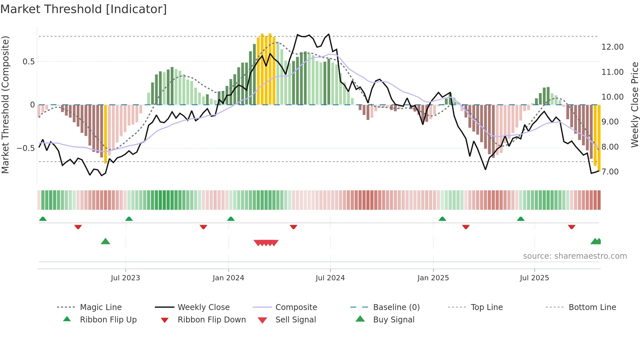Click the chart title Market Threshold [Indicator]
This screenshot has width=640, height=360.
point(84,9)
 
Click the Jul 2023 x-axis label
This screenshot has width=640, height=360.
point(125,278)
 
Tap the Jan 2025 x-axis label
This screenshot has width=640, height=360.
point(433,278)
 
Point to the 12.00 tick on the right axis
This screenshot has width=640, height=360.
point(612,47)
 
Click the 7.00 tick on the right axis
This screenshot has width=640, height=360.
point(610,172)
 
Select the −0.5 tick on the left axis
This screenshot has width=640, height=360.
point(25,148)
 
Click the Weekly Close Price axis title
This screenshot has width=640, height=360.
point(634,105)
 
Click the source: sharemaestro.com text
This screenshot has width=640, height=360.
point(575,256)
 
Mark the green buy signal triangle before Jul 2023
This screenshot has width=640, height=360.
point(105,241)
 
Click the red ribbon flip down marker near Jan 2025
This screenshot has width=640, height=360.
point(466,227)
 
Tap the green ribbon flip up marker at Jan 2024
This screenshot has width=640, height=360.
point(231,219)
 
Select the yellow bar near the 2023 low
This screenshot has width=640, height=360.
point(105,134)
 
